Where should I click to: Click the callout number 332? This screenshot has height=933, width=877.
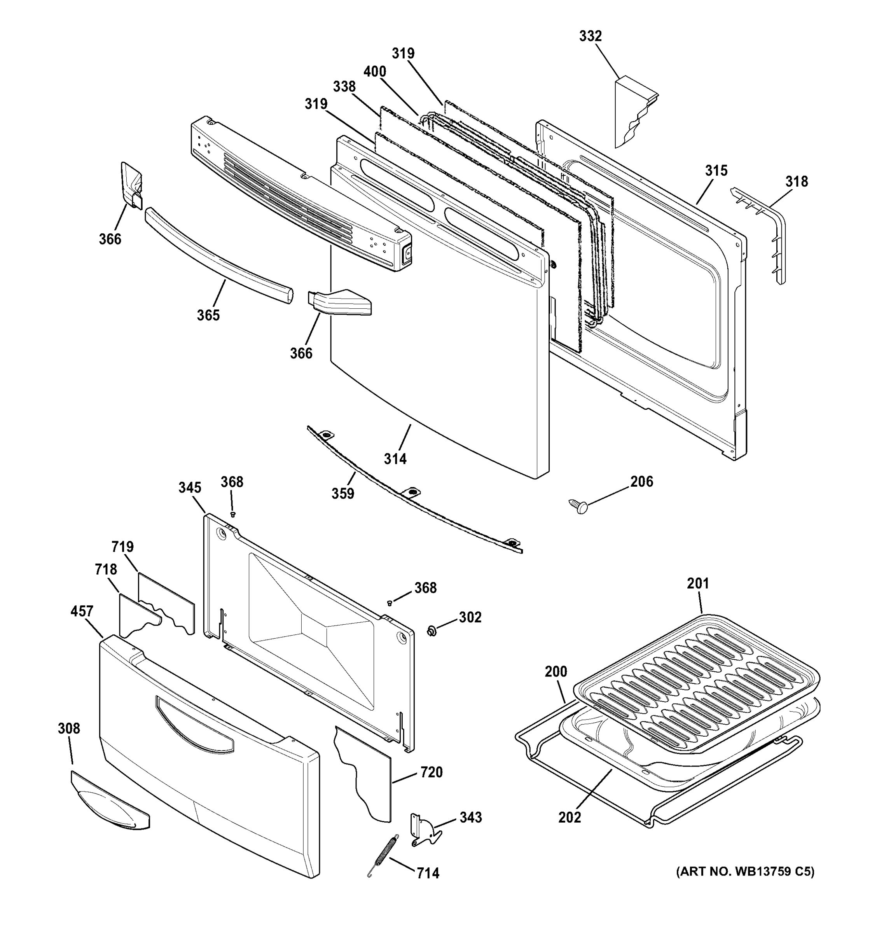click(x=590, y=36)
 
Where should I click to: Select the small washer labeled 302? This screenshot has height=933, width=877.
click(x=432, y=631)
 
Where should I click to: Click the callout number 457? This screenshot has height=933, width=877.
click(x=82, y=612)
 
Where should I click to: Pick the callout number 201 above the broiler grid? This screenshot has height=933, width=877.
click(x=698, y=584)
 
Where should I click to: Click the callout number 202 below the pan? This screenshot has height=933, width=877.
click(x=570, y=818)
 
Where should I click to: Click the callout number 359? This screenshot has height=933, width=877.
click(x=342, y=494)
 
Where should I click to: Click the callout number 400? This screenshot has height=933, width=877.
click(x=374, y=72)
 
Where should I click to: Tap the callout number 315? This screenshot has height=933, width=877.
click(x=716, y=171)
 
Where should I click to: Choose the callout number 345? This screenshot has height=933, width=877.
click(x=190, y=487)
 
